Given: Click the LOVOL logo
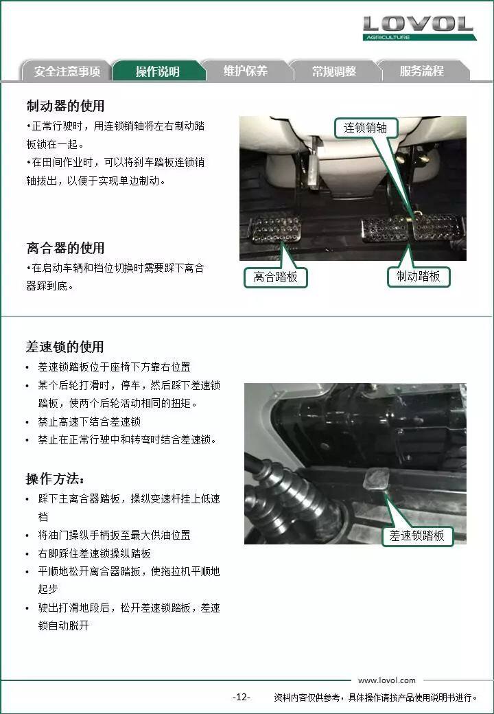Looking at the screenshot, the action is tap(419, 27).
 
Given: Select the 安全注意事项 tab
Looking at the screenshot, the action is tap(67, 71).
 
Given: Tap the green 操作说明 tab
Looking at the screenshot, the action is tap(157, 71).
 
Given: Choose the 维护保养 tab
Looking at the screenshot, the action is tap(246, 71).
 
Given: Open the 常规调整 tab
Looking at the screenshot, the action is tap(334, 71).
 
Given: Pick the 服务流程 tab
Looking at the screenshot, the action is tap(422, 71).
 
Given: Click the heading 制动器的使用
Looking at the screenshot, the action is tap(65, 106).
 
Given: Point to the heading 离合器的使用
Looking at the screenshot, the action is tap(65, 248).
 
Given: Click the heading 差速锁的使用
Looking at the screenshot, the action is tap(65, 347).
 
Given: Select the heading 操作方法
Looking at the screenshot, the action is tap(55, 479).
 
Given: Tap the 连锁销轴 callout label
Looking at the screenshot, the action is tap(365, 128).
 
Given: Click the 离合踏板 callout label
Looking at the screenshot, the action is tap(276, 277).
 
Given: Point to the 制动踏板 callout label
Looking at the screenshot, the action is tap(419, 276).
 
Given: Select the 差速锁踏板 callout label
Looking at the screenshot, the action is tap(416, 535).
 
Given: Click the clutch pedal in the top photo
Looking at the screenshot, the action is tap(274, 229).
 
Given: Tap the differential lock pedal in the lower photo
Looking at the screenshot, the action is tap(377, 479).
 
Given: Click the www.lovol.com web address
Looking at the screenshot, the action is tap(387, 680).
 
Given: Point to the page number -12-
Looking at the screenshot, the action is tap(241, 697).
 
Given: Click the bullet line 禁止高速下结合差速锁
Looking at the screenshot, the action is tap(89, 422).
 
